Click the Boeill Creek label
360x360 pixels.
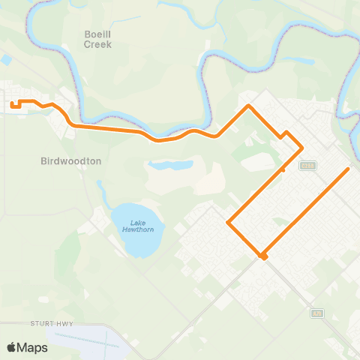(98, 39)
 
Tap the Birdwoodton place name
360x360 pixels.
(71, 160)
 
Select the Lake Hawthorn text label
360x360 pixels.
(137, 226)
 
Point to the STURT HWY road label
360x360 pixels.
(50, 323)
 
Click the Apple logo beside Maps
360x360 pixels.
(12, 347)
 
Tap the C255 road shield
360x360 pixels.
(306, 165)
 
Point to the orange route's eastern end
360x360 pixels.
(348, 169)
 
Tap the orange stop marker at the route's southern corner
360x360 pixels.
(263, 256)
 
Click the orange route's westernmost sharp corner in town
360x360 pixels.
(228, 222)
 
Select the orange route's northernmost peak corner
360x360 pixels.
(249, 106)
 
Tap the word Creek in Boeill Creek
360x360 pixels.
(98, 44)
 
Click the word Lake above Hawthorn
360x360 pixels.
(137, 222)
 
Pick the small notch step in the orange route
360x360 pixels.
(285, 134)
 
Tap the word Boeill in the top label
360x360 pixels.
(98, 34)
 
